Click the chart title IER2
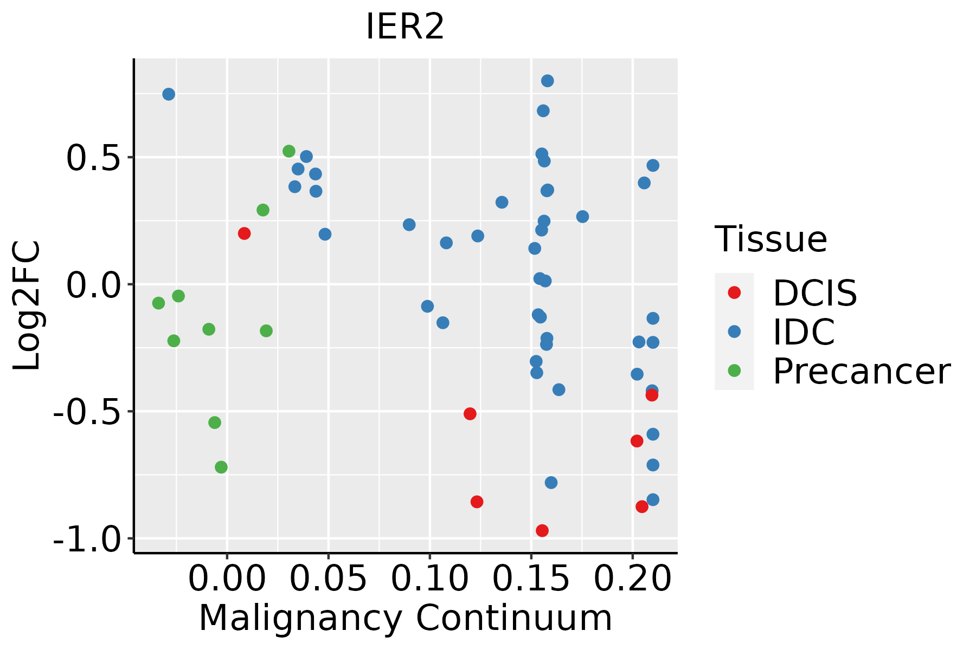point(405,27)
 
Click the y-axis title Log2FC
point(27,305)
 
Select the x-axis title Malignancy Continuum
point(405,619)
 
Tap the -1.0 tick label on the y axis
point(87,539)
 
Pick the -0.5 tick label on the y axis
point(87,412)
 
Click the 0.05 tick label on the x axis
point(328,579)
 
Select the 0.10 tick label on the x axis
point(429,579)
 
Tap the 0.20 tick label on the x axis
point(632,579)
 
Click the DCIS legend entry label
point(814,294)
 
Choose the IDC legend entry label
point(804,332)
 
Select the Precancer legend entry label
point(861,372)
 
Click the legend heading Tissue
point(770,239)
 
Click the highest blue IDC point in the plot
point(547,81)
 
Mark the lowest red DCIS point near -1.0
point(542,530)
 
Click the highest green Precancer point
point(289,151)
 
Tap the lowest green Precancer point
point(221,467)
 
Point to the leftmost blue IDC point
point(169,94)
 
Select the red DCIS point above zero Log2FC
point(244,233)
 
